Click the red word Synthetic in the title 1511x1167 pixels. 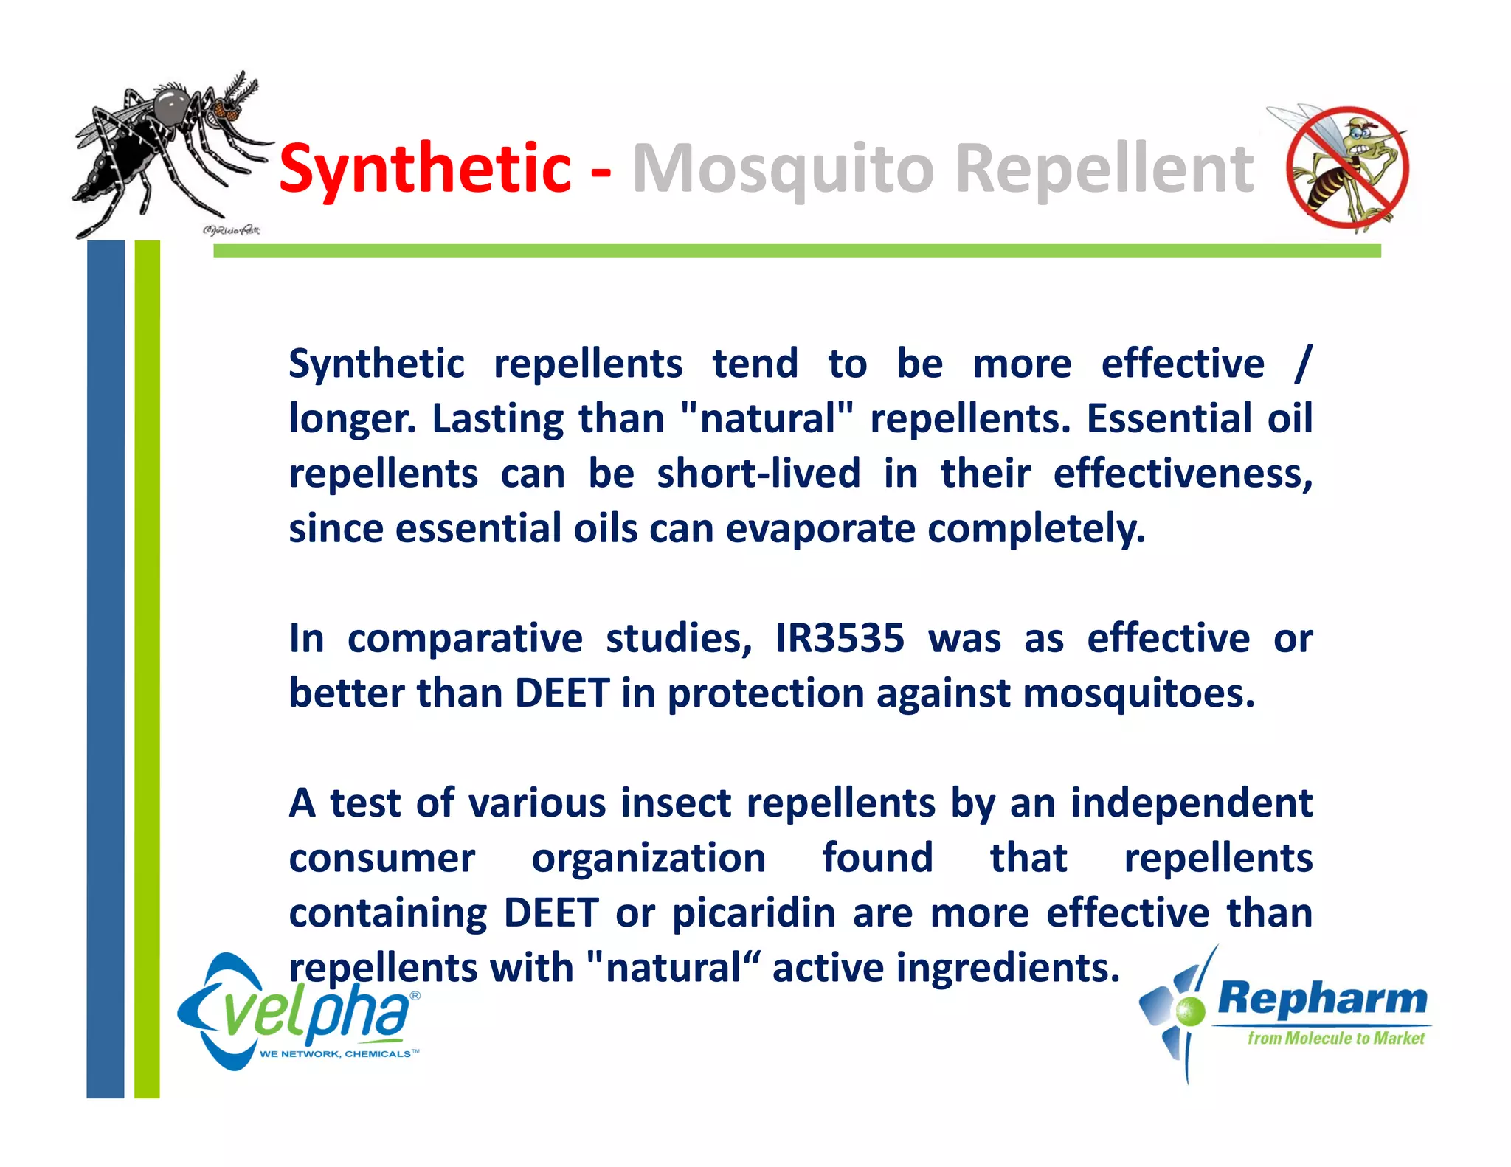pos(425,169)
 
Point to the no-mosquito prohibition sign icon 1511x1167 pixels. pos(1347,169)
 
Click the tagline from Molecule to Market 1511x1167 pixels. pos(1335,1039)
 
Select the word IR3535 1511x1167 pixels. pos(840,638)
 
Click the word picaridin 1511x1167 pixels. pos(754,913)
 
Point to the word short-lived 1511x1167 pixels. pos(758,474)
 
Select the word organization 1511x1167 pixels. pos(649,858)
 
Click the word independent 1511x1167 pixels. pos(1191,803)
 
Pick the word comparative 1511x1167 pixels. pos(465,638)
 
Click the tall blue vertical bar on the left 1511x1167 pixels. pos(106,664)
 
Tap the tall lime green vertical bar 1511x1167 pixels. pos(147,664)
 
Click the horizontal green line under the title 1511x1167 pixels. pos(797,251)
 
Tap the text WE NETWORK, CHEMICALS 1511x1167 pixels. pos(336,1054)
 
